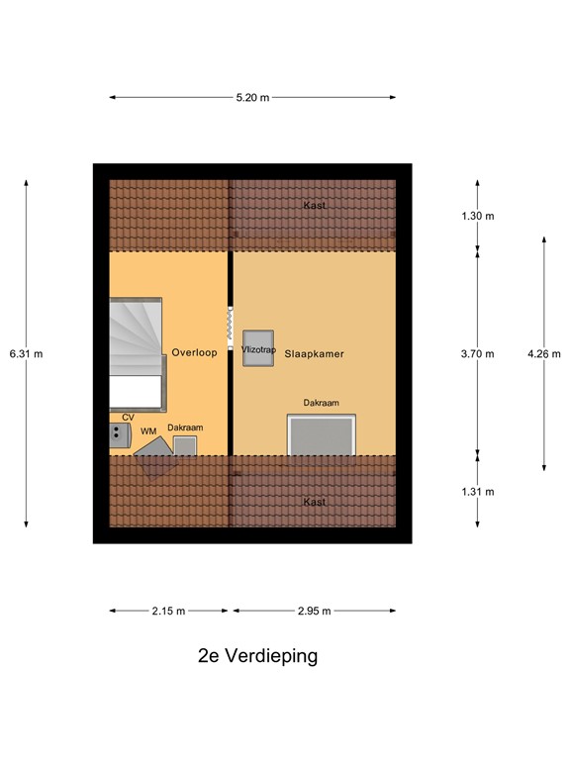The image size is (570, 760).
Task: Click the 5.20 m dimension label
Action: pyautogui.click(x=251, y=98)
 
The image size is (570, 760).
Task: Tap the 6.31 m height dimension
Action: pyautogui.click(x=25, y=353)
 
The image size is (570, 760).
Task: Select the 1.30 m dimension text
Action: pyautogui.click(x=477, y=216)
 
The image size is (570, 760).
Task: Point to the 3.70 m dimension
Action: pyautogui.click(x=477, y=353)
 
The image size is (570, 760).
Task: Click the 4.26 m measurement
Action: pyautogui.click(x=543, y=353)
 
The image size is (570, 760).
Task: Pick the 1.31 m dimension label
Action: pyautogui.click(x=477, y=491)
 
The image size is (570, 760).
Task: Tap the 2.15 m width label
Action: pyautogui.click(x=168, y=611)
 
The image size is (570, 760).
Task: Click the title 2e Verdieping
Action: pyautogui.click(x=257, y=656)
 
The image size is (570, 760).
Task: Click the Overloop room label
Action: pyautogui.click(x=194, y=352)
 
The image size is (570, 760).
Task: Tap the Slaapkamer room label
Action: pyautogui.click(x=314, y=352)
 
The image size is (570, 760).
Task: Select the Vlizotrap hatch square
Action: pyautogui.click(x=259, y=348)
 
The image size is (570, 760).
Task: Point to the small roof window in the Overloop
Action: pyautogui.click(x=185, y=445)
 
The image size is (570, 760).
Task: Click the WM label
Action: pyautogui.click(x=147, y=431)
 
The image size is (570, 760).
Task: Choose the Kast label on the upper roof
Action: pyautogui.click(x=315, y=205)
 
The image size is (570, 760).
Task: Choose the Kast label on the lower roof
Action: pyautogui.click(x=315, y=503)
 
